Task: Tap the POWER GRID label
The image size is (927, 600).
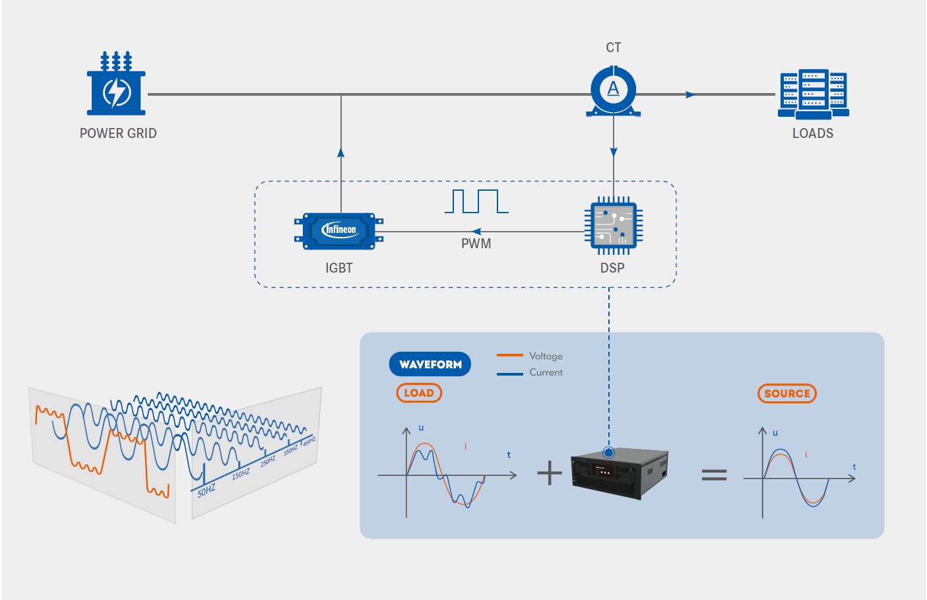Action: tap(118, 133)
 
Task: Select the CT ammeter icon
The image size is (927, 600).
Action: tap(614, 91)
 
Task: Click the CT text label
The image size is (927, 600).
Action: tap(614, 48)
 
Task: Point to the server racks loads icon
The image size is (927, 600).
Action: tap(813, 94)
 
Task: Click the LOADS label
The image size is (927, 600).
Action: tap(813, 133)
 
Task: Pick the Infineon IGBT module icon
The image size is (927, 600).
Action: tap(339, 230)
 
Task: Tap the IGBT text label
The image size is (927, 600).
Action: tap(339, 268)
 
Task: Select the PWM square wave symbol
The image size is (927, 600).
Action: tap(476, 201)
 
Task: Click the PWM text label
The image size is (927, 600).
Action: tap(476, 244)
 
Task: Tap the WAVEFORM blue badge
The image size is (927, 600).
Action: tap(430, 364)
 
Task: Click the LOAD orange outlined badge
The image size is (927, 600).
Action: tap(419, 393)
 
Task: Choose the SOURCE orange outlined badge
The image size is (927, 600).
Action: tap(787, 393)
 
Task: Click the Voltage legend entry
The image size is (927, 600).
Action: tap(530, 356)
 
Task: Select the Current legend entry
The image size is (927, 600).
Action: tap(530, 372)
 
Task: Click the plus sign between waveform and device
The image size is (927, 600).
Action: tap(550, 473)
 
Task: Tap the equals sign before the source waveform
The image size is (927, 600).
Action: tap(714, 475)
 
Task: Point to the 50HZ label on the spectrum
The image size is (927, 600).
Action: tap(207, 490)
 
